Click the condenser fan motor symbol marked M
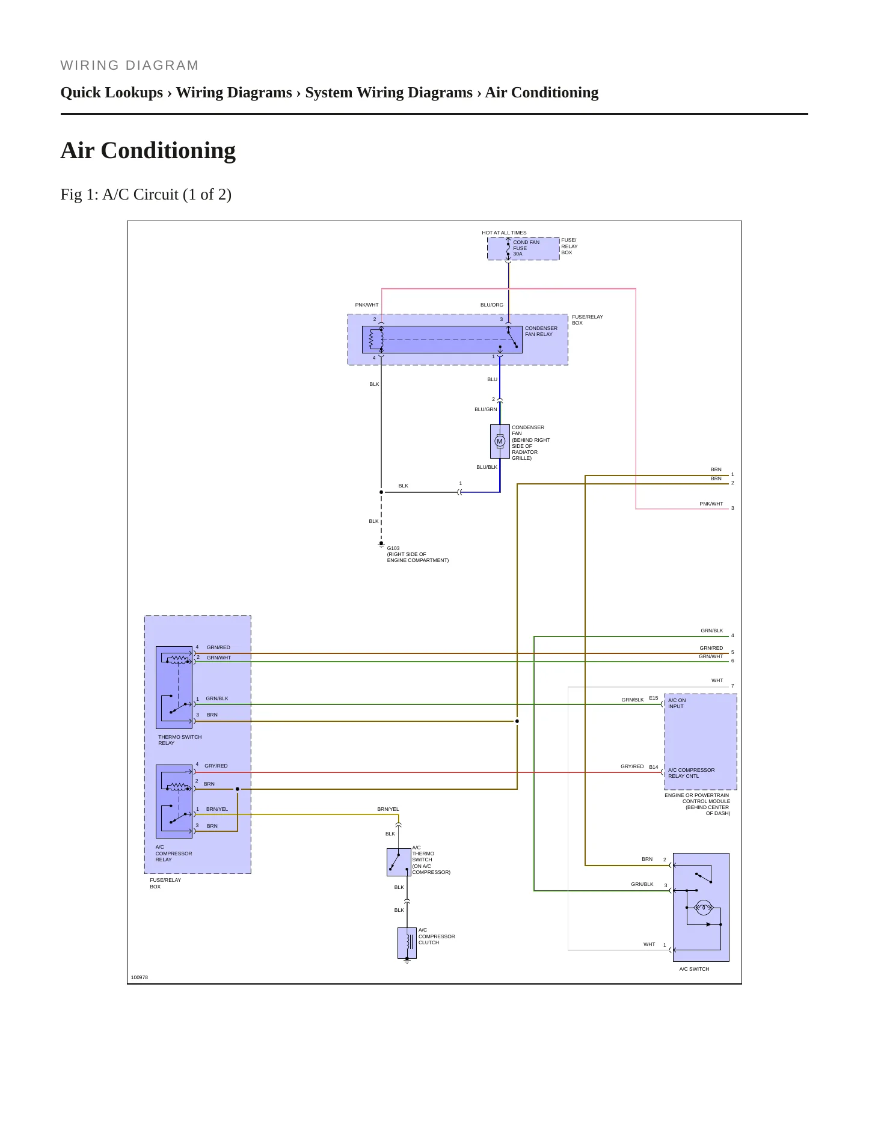click(499, 441)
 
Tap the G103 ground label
click(393, 548)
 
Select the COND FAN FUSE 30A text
click(526, 248)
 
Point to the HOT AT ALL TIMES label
click(504, 233)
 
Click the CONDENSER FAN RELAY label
click(541, 331)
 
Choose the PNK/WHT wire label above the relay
click(367, 305)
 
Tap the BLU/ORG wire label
click(492, 305)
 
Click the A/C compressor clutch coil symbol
click(407, 943)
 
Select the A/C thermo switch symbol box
click(399, 863)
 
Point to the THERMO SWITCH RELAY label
click(180, 740)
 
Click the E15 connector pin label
click(654, 698)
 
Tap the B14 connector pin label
click(654, 767)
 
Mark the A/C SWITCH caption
click(694, 969)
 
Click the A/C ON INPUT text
click(677, 703)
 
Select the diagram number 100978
click(140, 977)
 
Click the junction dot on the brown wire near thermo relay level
click(517, 721)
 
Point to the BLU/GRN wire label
click(486, 409)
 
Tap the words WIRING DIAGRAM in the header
click(130, 66)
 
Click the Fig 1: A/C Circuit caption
click(146, 194)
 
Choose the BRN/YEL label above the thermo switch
click(388, 809)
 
